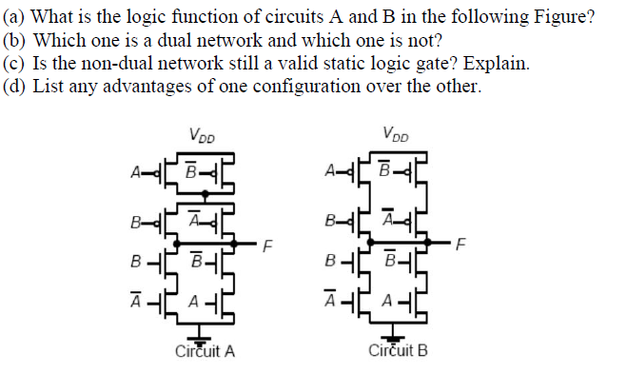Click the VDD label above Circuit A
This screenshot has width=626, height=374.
(202, 135)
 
